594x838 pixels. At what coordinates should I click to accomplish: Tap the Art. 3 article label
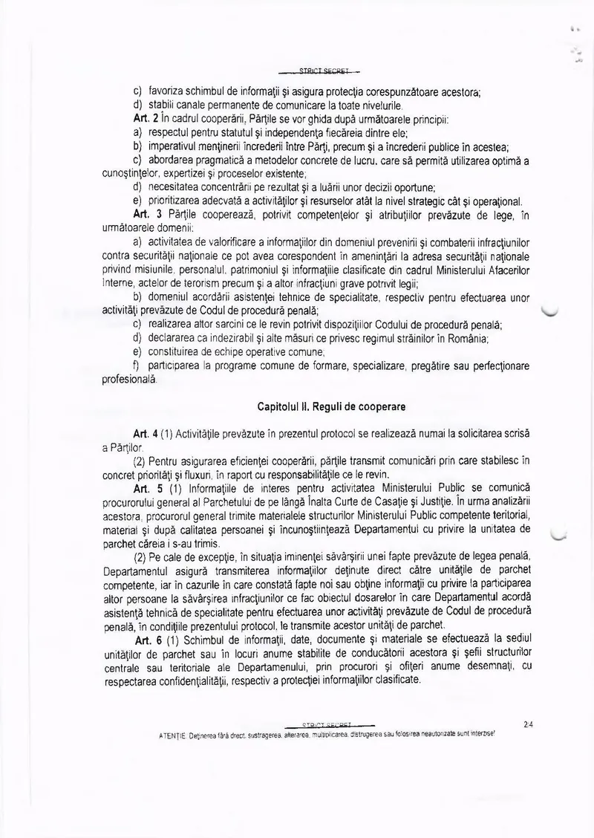coord(143,215)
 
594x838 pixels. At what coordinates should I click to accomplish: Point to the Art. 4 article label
coord(142,433)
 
